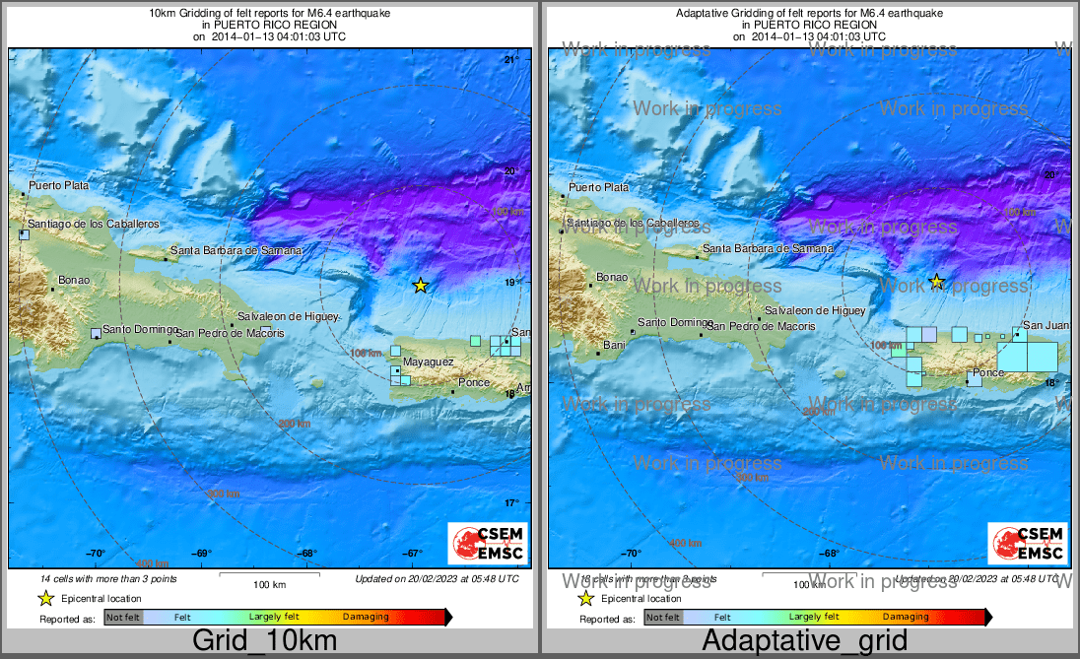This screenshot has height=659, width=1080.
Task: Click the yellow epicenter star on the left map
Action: [421, 286]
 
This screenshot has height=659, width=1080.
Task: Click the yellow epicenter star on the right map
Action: [937, 282]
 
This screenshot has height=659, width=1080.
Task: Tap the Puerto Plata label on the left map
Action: [58, 185]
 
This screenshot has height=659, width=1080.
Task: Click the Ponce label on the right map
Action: [987, 372]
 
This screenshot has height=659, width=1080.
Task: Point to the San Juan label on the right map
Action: [1046, 325]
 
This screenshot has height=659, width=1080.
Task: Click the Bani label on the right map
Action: [614, 345]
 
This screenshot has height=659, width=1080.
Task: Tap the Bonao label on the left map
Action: [74, 280]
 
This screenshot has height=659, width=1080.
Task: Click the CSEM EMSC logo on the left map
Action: [487, 544]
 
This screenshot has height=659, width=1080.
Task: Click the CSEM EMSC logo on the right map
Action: [1027, 544]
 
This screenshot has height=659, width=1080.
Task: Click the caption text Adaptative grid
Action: [804, 640]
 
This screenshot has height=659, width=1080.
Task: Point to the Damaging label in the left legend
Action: [366, 617]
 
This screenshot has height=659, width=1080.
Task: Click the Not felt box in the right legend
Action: [663, 618]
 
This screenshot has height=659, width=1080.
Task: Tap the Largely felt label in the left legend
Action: [272, 617]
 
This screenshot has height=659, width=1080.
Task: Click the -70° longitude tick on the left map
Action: [97, 554]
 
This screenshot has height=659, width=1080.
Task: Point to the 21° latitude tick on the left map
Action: [510, 61]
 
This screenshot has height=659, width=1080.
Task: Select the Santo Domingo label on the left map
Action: [140, 329]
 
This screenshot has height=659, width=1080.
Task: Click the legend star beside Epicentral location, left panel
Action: [45, 598]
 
